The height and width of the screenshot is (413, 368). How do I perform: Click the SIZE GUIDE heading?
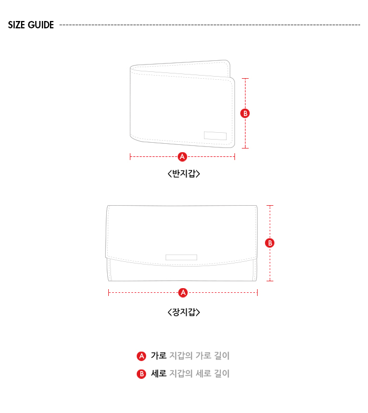31,25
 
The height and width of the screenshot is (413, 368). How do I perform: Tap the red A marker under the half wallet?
182,157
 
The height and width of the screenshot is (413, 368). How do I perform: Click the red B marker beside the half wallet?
245,113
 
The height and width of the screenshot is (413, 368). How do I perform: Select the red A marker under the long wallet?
183,293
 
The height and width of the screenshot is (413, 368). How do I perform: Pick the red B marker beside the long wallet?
270,243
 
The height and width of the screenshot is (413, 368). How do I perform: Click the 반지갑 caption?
184,174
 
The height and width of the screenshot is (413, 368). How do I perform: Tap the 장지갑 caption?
184,312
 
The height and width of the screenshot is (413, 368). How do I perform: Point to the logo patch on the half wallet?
215,135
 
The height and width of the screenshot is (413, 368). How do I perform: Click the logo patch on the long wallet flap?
181,257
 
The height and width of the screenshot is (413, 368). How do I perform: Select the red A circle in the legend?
141,356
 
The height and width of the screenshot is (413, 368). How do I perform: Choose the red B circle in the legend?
141,374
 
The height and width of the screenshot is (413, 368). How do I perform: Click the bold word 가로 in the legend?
159,356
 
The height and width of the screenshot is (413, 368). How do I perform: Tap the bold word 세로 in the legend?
159,374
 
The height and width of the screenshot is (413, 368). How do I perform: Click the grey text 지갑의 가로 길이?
199,356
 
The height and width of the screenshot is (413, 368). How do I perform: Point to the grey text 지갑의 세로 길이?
199,374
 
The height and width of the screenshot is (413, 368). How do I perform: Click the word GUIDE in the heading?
40,25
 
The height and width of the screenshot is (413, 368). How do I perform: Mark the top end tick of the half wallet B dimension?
246,79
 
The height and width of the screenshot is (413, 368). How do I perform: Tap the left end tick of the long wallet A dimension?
109,293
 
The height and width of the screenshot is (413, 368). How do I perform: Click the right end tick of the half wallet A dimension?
234,157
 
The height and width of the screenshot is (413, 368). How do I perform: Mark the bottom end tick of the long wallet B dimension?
270,281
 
